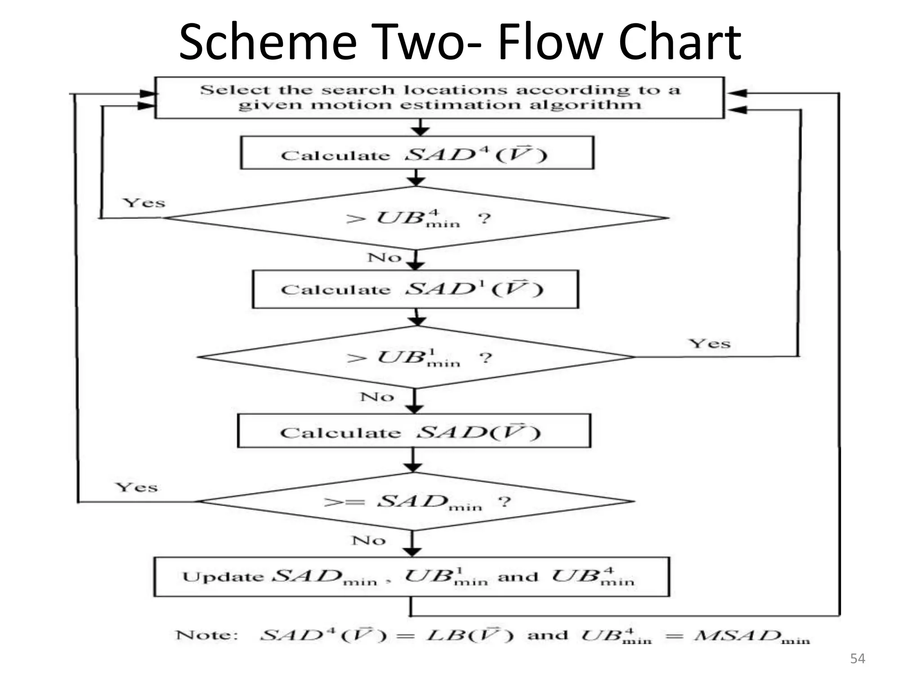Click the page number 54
coord(858,659)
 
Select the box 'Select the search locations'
coord(439,97)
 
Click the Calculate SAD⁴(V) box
coord(417,153)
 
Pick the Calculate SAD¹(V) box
coord(415,289)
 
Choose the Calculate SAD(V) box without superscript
coord(414,431)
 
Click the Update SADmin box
coord(411,577)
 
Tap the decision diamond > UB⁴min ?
coord(416,218)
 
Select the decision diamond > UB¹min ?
coord(416,358)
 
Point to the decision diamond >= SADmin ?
coord(416,501)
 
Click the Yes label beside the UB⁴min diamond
coord(144,203)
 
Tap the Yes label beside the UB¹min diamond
coord(710,344)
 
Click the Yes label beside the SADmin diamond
coord(137,487)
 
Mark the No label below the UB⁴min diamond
coord(384,258)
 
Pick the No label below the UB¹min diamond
coord(377,397)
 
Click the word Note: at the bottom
coord(206,635)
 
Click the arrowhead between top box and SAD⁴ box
coord(420,131)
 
